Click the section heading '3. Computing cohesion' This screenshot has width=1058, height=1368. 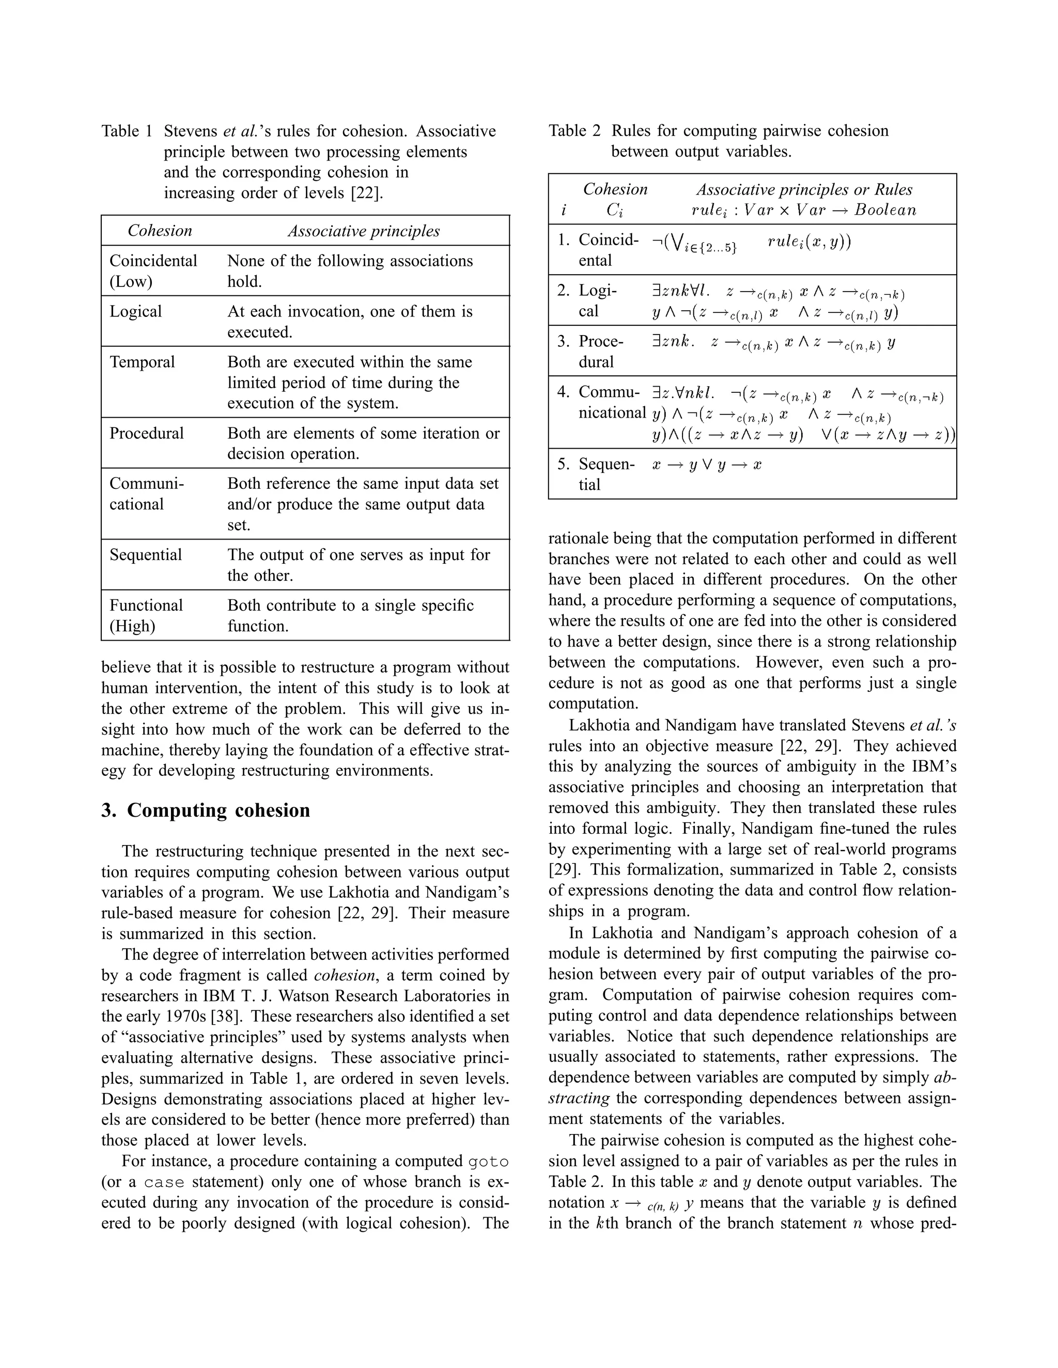206,810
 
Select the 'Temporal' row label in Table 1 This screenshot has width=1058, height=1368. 142,362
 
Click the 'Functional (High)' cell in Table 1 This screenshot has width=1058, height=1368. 146,615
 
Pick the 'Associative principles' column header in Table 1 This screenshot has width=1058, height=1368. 364,231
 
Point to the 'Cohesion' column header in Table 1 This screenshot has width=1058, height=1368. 160,231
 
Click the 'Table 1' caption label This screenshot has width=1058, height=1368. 127,131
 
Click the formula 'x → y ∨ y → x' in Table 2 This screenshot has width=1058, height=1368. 706,465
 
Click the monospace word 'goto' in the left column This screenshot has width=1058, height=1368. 488,1162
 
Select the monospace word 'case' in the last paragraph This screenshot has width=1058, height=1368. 164,1182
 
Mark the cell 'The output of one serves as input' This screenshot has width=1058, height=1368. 359,564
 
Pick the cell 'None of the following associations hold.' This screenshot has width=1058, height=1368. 350,271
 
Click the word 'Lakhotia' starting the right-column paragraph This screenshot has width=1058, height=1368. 599,725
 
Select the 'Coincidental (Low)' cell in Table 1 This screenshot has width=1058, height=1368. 153,271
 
